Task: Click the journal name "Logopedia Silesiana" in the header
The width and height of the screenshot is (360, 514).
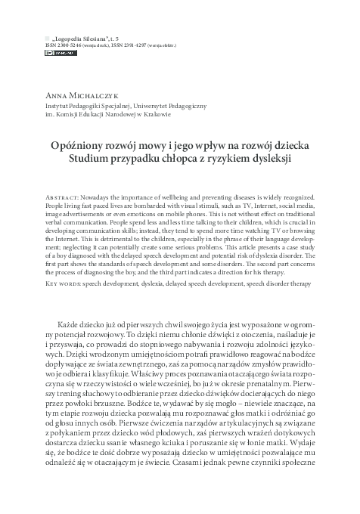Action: (x=81, y=37)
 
